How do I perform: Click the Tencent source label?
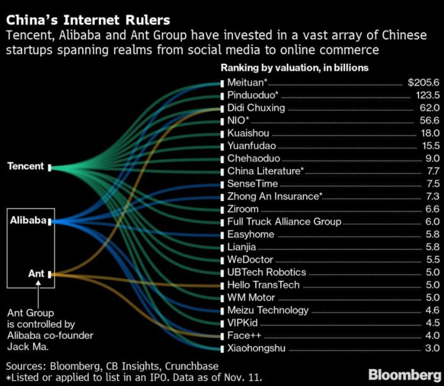(26, 167)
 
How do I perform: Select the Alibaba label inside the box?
(28, 220)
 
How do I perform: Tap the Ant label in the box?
(36, 274)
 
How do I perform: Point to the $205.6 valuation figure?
(424, 83)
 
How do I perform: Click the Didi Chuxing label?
(256, 108)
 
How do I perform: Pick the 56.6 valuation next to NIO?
(429, 121)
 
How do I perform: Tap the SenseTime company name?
(252, 184)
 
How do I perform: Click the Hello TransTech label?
(263, 285)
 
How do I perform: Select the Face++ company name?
(244, 336)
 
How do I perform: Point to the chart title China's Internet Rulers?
(88, 20)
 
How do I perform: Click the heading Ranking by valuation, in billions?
(295, 68)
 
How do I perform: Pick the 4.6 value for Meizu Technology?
(432, 310)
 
